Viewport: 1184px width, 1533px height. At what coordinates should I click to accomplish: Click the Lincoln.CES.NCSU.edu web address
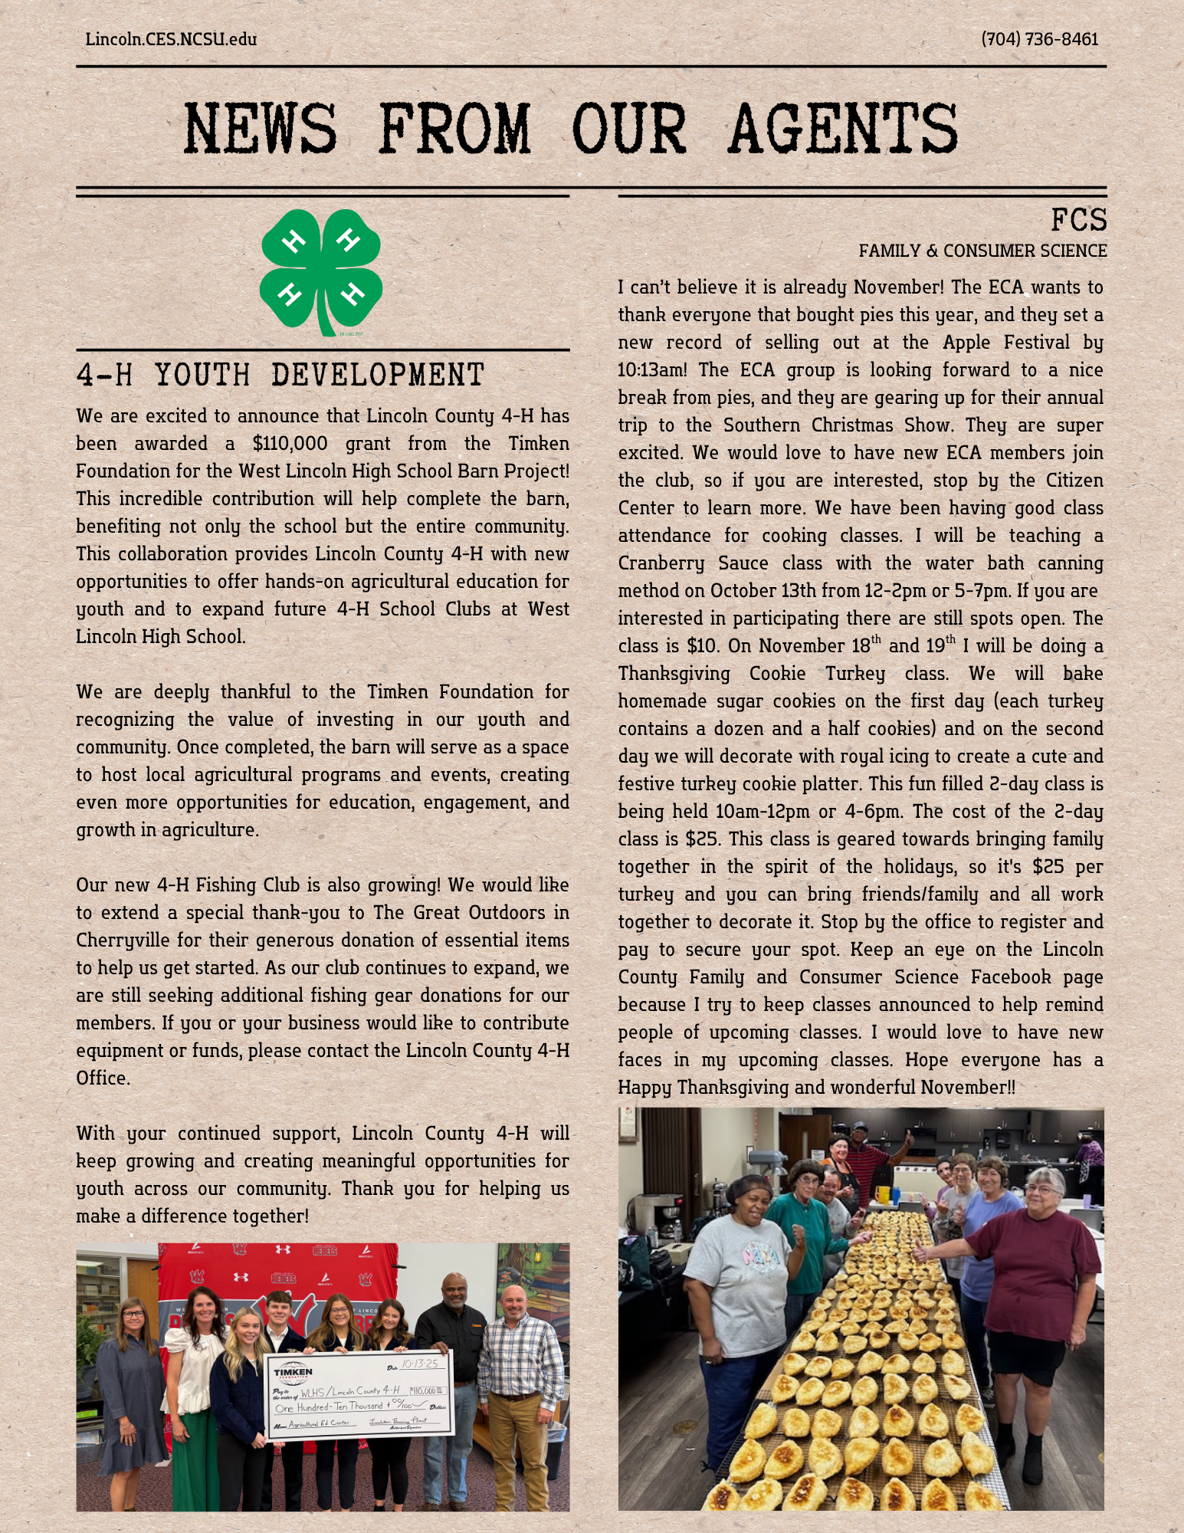pos(171,39)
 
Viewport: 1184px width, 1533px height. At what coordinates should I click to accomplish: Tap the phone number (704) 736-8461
pos(1039,39)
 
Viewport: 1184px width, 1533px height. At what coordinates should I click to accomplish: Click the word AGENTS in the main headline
pos(843,129)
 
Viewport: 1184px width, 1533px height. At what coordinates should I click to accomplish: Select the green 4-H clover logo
pos(321,271)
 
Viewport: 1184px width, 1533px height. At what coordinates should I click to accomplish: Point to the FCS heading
pos(1078,221)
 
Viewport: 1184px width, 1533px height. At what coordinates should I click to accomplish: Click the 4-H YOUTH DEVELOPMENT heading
pos(280,376)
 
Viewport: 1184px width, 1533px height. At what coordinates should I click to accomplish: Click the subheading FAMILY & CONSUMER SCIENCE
pos(982,251)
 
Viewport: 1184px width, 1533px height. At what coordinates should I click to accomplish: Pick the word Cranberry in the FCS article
pos(661,563)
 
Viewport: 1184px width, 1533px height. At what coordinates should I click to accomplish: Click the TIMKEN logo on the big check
pos(294,1373)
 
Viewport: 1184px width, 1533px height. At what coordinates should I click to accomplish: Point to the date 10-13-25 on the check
pos(420,1364)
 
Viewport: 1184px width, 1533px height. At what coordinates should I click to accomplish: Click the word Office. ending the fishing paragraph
pos(103,1078)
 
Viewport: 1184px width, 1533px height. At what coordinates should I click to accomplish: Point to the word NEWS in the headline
pos(261,129)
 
